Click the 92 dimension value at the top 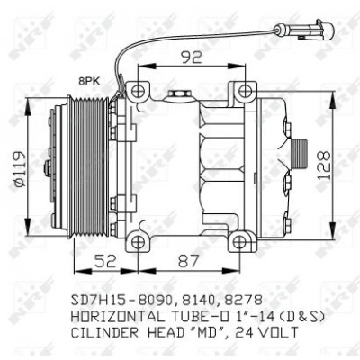[x=191, y=57]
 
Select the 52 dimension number [x=105, y=261]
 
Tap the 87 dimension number [x=188, y=261]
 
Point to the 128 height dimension [x=324, y=166]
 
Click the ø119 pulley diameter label [x=21, y=169]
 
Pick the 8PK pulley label [x=90, y=81]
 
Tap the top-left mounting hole [x=138, y=91]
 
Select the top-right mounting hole [x=245, y=91]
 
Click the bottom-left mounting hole [x=138, y=241]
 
